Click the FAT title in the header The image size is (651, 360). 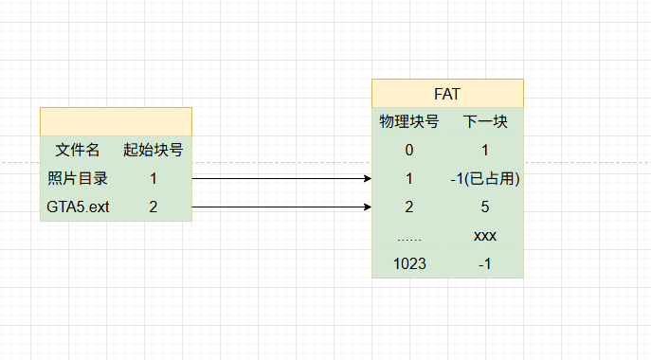(x=447, y=94)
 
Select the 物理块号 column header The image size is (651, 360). (x=409, y=121)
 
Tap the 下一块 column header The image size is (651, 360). (x=485, y=121)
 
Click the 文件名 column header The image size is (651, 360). (x=78, y=150)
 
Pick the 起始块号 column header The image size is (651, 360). (x=154, y=150)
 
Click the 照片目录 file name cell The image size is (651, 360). (x=78, y=178)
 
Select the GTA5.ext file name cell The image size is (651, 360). (x=78, y=207)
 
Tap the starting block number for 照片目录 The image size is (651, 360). (x=154, y=178)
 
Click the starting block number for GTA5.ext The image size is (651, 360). (x=154, y=207)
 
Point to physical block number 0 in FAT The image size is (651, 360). (x=409, y=150)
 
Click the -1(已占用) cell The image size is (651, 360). (x=485, y=178)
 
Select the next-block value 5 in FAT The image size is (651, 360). (x=485, y=207)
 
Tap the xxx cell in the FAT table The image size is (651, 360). (x=485, y=236)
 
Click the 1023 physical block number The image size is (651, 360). (x=409, y=263)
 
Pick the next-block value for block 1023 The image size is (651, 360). (x=485, y=263)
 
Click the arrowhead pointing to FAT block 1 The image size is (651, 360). (x=368, y=178)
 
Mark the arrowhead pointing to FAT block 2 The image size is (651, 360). (x=368, y=207)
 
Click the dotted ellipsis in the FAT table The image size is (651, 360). (x=409, y=239)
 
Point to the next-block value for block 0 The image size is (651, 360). (x=485, y=150)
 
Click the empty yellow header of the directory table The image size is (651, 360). (x=116, y=121)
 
